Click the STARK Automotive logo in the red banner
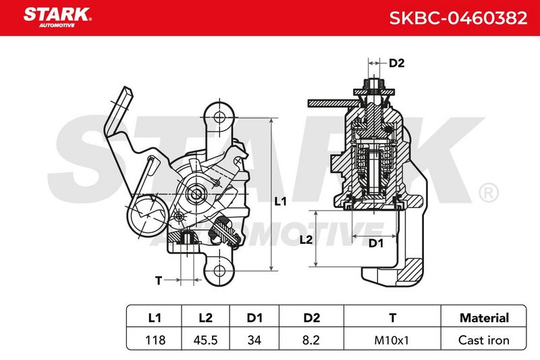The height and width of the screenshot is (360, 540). coord(57,18)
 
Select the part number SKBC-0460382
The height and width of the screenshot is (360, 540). coord(458,18)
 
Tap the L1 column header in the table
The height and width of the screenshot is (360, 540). coord(155,317)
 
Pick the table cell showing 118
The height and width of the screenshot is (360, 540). coord(155,340)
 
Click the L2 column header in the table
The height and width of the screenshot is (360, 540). coord(206,317)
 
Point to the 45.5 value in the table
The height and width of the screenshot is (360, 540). coord(206,340)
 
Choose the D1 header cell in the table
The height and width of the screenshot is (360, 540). coord(254,317)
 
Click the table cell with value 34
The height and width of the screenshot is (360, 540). coord(254,340)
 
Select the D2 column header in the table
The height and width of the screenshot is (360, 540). coord(311,317)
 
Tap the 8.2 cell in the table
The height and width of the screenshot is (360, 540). coord(311,340)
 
